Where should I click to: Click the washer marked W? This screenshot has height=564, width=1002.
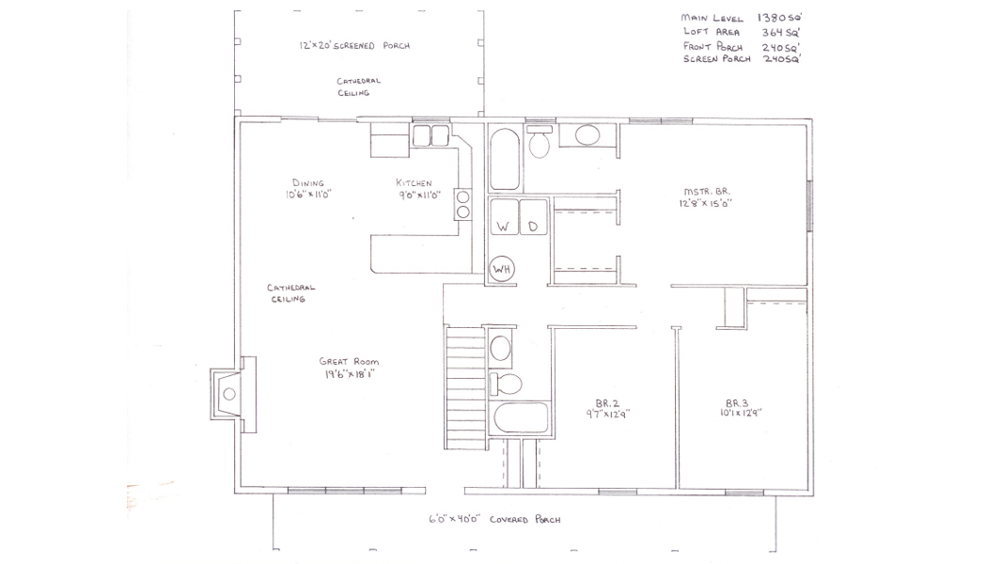(504, 217)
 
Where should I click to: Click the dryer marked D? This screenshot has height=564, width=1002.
(534, 217)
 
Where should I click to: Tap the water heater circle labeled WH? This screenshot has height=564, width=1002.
(502, 270)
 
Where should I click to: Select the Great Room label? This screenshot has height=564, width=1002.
(349, 362)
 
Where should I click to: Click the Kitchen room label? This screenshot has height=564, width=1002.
(415, 182)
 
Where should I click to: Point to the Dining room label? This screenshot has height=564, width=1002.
(308, 182)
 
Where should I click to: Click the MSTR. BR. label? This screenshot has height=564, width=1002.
(707, 191)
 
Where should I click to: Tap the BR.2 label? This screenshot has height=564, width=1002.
(607, 403)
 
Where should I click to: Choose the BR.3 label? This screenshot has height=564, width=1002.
(737, 403)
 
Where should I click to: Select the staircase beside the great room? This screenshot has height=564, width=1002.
(465, 387)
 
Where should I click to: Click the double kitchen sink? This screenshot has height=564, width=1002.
(431, 135)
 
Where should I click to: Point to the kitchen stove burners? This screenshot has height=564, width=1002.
(463, 204)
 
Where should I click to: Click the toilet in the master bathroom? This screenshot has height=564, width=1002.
(540, 142)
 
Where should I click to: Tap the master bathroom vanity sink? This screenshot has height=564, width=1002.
(587, 134)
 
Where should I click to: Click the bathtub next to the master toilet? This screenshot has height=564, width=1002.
(505, 159)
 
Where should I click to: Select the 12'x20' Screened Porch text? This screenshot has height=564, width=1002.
(354, 45)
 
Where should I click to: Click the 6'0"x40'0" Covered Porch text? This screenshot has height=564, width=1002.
(494, 519)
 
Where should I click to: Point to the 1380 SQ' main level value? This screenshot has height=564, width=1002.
(779, 18)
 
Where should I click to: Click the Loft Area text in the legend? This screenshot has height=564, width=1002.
(712, 32)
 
